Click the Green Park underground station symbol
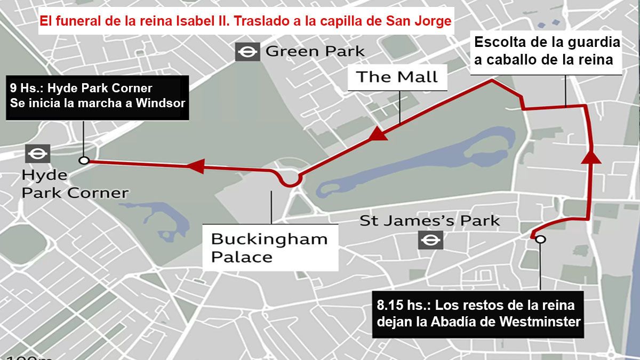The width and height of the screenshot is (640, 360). [247, 52]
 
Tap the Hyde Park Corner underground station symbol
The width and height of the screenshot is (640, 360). [37, 154]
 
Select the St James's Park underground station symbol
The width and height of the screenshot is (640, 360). [429, 240]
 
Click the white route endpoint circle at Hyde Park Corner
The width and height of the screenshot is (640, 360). [83, 160]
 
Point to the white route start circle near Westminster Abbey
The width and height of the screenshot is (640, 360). [540, 239]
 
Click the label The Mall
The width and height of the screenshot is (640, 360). [397, 77]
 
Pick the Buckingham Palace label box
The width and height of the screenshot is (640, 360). [269, 247]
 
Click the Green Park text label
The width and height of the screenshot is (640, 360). [315, 52]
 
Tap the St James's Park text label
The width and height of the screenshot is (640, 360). [429, 220]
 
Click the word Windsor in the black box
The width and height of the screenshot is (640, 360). [160, 103]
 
